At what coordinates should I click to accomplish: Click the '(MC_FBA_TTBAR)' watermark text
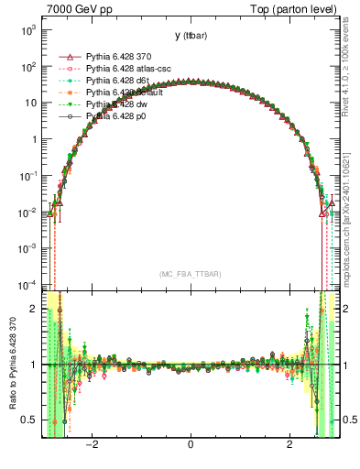click(190, 274)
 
